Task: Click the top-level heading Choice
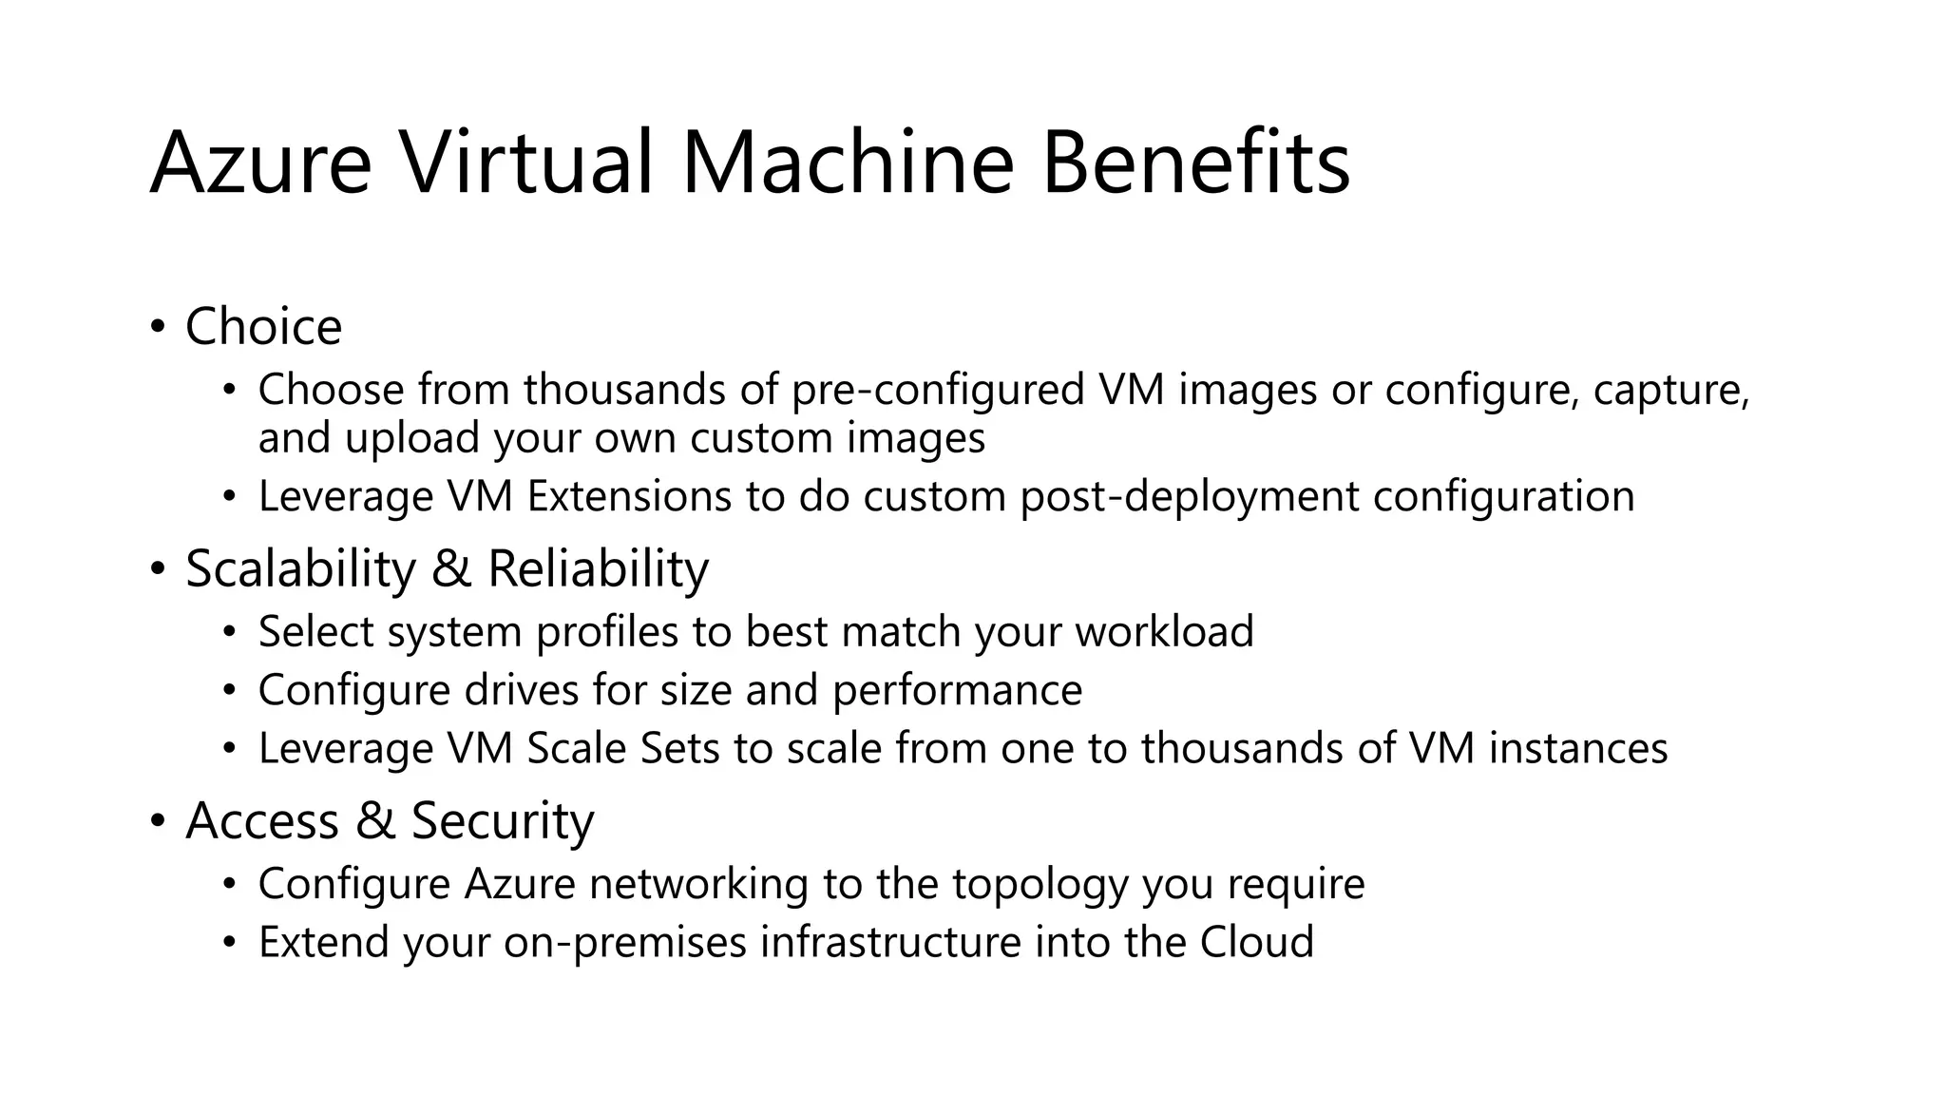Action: click(263, 327)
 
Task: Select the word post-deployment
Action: click(1189, 496)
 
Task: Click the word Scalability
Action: click(300, 569)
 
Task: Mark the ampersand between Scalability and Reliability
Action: click(451, 569)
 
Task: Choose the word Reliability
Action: click(598, 569)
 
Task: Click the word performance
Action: click(957, 691)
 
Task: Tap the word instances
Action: click(1577, 748)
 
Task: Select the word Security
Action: click(502, 820)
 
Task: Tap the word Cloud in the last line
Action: click(1256, 942)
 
